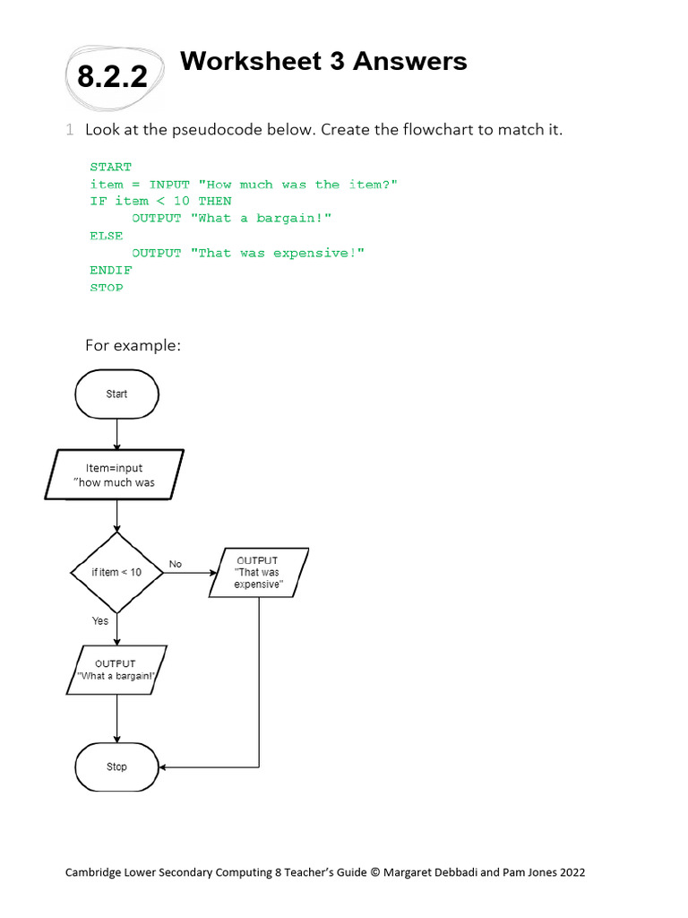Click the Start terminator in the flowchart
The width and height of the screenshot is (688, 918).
click(x=117, y=394)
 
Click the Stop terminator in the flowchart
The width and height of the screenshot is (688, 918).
click(x=117, y=767)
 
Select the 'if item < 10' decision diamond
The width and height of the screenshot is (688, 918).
click(x=116, y=573)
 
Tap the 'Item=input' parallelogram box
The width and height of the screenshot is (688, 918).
click(x=115, y=475)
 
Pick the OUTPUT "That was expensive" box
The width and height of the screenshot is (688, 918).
click(x=258, y=573)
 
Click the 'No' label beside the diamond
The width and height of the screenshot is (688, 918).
click(x=175, y=564)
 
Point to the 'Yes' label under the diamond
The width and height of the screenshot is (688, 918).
click(x=99, y=620)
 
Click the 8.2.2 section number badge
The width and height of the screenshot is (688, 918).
click(x=113, y=77)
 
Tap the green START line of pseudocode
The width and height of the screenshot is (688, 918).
click(x=110, y=167)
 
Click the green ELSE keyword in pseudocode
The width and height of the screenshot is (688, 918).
click(x=107, y=236)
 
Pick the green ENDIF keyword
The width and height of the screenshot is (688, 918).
click(x=110, y=270)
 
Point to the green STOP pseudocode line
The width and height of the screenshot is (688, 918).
click(x=107, y=287)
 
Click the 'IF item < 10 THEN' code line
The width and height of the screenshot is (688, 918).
click(x=160, y=201)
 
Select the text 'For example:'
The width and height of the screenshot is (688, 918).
click(x=133, y=345)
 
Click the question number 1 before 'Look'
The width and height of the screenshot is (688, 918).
click(x=70, y=130)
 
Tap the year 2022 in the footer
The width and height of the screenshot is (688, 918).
click(x=570, y=871)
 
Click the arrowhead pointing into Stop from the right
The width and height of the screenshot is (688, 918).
click(x=164, y=767)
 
